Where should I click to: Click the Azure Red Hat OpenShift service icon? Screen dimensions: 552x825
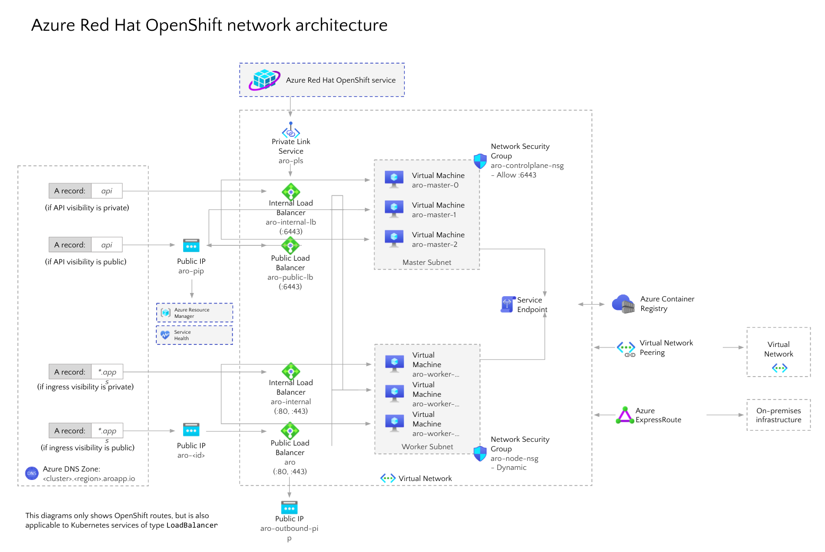(264, 80)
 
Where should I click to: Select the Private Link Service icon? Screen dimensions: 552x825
(291, 130)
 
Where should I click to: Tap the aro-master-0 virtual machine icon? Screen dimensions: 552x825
(394, 179)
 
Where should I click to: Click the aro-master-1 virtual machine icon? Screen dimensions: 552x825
(394, 209)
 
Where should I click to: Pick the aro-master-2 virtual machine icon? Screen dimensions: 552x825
(394, 238)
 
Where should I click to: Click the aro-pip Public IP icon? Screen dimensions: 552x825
(191, 245)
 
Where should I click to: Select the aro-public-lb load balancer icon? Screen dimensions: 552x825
(290, 245)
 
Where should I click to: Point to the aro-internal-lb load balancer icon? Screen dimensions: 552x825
(291, 191)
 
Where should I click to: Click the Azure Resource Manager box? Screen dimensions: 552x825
(194, 313)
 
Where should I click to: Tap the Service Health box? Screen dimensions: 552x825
(194, 335)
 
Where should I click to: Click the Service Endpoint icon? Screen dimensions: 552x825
(507, 304)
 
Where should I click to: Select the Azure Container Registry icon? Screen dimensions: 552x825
(623, 304)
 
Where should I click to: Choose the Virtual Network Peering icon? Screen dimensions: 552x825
(626, 348)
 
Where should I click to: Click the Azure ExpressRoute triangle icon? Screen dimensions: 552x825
(625, 415)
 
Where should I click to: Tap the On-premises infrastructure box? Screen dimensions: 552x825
(778, 415)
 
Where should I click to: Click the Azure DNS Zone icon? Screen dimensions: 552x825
(32, 473)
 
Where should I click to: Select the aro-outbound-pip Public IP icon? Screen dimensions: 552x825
(289, 508)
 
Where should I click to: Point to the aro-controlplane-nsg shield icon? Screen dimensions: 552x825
(480, 161)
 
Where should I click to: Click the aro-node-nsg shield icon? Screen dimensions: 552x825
(480, 453)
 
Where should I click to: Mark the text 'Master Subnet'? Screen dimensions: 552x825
(427, 262)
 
